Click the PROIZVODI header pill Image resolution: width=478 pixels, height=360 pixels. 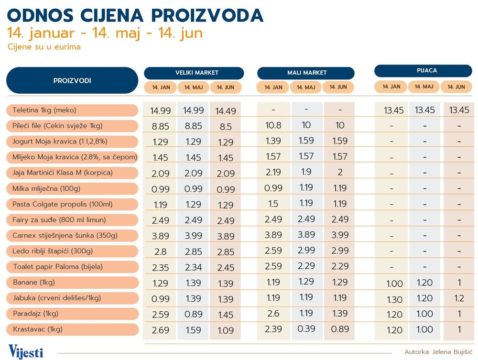coord(72,80)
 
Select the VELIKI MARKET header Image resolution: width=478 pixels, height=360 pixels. coord(194,73)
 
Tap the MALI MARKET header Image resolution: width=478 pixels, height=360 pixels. coord(306,73)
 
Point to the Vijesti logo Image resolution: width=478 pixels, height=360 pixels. coord(26,351)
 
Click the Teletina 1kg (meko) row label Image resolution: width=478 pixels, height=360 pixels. coord(44,110)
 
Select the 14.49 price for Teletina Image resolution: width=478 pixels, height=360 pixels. coord(226,111)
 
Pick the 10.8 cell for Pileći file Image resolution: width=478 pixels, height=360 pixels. coord(273,125)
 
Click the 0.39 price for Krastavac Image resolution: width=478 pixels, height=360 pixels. coord(306,329)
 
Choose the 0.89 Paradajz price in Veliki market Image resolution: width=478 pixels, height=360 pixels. coord(193,314)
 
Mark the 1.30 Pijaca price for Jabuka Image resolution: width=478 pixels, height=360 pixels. coord(394,299)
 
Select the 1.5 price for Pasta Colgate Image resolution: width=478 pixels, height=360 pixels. coord(273,204)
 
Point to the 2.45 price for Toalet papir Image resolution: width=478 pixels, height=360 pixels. coord(226,267)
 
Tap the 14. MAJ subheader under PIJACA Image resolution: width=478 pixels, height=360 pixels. coord(424,87)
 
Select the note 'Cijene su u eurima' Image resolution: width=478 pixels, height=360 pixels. coord(44,47)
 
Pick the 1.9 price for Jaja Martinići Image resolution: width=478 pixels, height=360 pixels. coord(306,173)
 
